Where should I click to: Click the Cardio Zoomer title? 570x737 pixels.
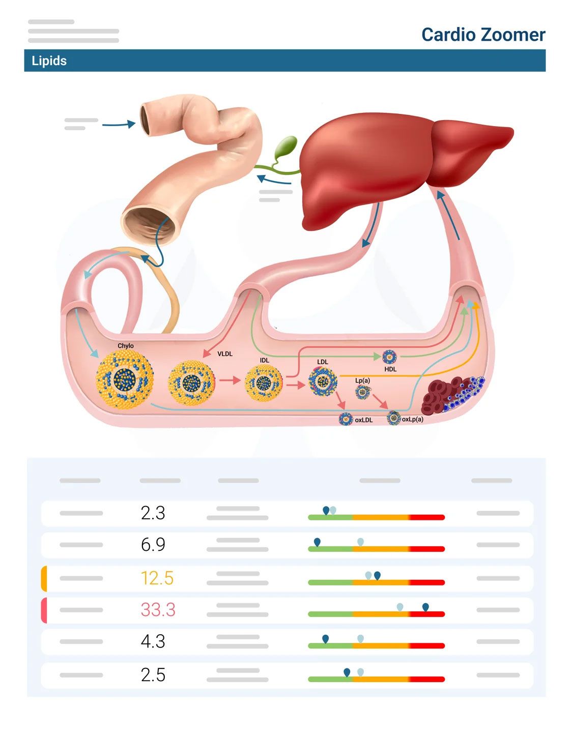pyautogui.click(x=483, y=35)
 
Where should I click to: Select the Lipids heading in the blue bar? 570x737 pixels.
pyautogui.click(x=49, y=61)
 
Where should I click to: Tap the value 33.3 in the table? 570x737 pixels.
pyautogui.click(x=158, y=609)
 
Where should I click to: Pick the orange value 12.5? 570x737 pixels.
pyautogui.click(x=157, y=578)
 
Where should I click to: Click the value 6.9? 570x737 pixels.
pyautogui.click(x=153, y=545)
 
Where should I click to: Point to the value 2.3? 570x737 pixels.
pyautogui.click(x=153, y=513)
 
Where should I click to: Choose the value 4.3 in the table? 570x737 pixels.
pyautogui.click(x=153, y=641)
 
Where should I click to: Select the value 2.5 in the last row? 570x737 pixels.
pyautogui.click(x=153, y=675)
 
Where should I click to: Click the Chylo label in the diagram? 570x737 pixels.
pyautogui.click(x=125, y=346)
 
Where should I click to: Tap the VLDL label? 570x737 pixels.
pyautogui.click(x=225, y=353)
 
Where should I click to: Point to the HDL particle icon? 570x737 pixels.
pyautogui.click(x=389, y=357)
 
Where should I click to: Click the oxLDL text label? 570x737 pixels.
pyautogui.click(x=364, y=420)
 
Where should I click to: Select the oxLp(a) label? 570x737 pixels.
pyautogui.click(x=413, y=420)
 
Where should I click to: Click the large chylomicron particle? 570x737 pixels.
pyautogui.click(x=125, y=379)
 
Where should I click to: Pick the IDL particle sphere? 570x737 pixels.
pyautogui.click(x=264, y=383)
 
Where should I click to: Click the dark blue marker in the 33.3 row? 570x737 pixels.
pyautogui.click(x=425, y=607)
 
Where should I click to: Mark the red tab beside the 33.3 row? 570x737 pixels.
pyautogui.click(x=44, y=610)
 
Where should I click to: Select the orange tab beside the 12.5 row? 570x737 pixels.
pyautogui.click(x=44, y=578)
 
